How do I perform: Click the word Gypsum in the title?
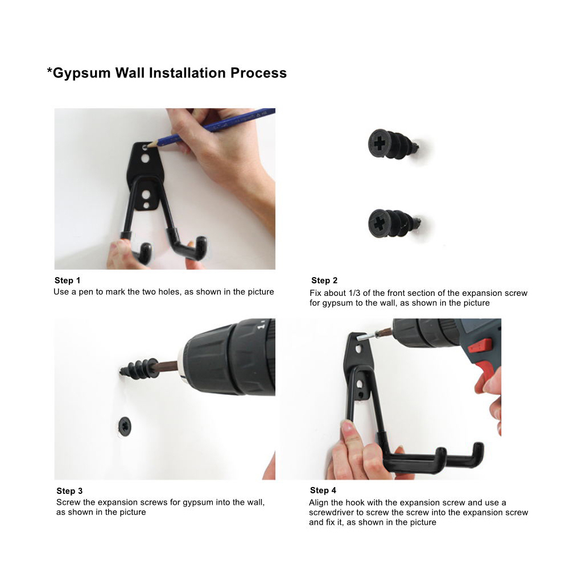coord(81,73)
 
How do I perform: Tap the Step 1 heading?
coord(67,281)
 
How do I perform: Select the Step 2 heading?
coord(324,281)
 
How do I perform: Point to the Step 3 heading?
coord(69,491)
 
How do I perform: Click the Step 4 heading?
coord(323,490)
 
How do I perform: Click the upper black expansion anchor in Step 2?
coord(393,145)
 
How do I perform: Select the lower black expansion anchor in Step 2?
coord(394,223)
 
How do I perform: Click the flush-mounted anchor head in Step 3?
coord(125,426)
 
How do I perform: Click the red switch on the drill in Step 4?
coord(480,345)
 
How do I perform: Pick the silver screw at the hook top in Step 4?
coord(365,337)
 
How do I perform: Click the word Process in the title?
coord(258,73)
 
